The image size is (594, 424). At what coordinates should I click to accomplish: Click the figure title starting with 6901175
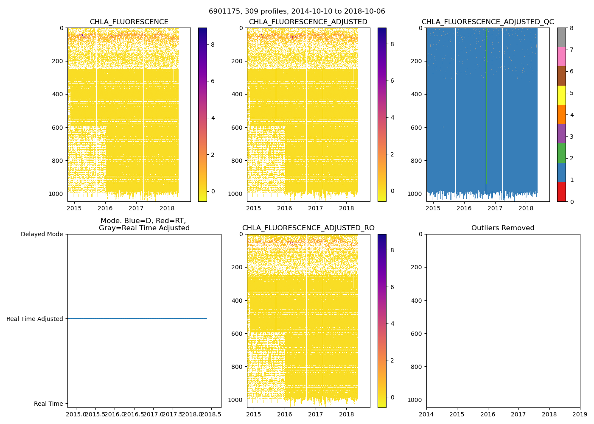(x=297, y=11)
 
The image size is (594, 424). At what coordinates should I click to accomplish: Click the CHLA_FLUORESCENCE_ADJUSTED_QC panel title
(x=488, y=22)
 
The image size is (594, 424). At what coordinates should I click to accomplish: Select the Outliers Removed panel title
(x=503, y=228)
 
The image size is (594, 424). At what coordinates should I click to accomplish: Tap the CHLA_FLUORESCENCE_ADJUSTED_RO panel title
(x=308, y=228)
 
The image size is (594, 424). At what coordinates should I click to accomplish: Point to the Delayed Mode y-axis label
(x=42, y=234)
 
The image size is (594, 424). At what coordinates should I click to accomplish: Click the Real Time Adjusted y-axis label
(x=35, y=319)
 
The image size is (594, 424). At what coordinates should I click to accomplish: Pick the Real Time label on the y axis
(x=48, y=404)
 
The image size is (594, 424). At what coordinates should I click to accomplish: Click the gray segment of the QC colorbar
(x=561, y=37)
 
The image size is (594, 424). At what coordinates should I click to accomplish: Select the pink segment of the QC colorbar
(x=561, y=57)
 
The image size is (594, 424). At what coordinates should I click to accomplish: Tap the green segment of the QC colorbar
(x=561, y=153)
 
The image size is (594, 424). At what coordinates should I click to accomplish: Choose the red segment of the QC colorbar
(x=561, y=192)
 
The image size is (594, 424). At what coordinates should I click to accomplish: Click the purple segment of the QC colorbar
(x=561, y=134)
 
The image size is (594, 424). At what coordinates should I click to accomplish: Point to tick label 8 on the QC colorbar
(x=572, y=28)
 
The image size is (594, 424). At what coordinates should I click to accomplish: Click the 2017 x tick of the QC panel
(x=495, y=208)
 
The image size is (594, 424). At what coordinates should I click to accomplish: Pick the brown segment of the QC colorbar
(x=561, y=76)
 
